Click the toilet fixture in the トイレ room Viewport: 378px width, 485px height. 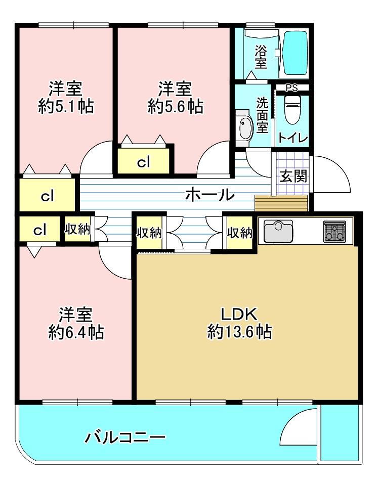pos(290,109)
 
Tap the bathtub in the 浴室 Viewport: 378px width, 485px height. pos(295,53)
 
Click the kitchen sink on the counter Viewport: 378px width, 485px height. pos(278,231)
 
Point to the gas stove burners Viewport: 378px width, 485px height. pos(334,231)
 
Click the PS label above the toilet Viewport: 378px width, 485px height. pos(291,88)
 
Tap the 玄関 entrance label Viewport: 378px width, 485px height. pos(293,177)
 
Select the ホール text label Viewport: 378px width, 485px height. pos(209,195)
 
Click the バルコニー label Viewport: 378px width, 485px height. pos(125,437)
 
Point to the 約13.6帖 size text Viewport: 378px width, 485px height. pos(240,332)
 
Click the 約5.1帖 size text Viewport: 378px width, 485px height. pos(66,107)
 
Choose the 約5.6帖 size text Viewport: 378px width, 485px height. pos(175,107)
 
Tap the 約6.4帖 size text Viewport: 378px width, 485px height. pos(76,333)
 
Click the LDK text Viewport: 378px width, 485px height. pos(239,315)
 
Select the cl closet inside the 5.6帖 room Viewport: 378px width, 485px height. pos(143,161)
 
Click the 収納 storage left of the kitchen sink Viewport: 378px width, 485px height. pos(239,232)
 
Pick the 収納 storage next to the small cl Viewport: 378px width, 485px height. pos(77,229)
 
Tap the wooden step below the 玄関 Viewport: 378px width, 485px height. pos(281,203)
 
